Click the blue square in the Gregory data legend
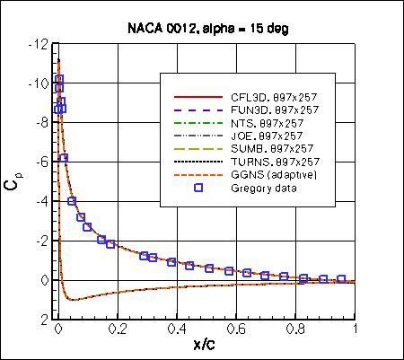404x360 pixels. click(x=199, y=187)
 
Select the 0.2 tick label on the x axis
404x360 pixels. click(x=118, y=330)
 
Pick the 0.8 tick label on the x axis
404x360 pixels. click(x=296, y=330)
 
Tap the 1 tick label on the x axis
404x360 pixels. click(x=356, y=330)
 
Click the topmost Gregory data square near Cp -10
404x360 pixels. click(x=60, y=79)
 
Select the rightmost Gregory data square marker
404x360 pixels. click(x=341, y=279)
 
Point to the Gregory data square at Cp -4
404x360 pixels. click(x=72, y=201)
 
